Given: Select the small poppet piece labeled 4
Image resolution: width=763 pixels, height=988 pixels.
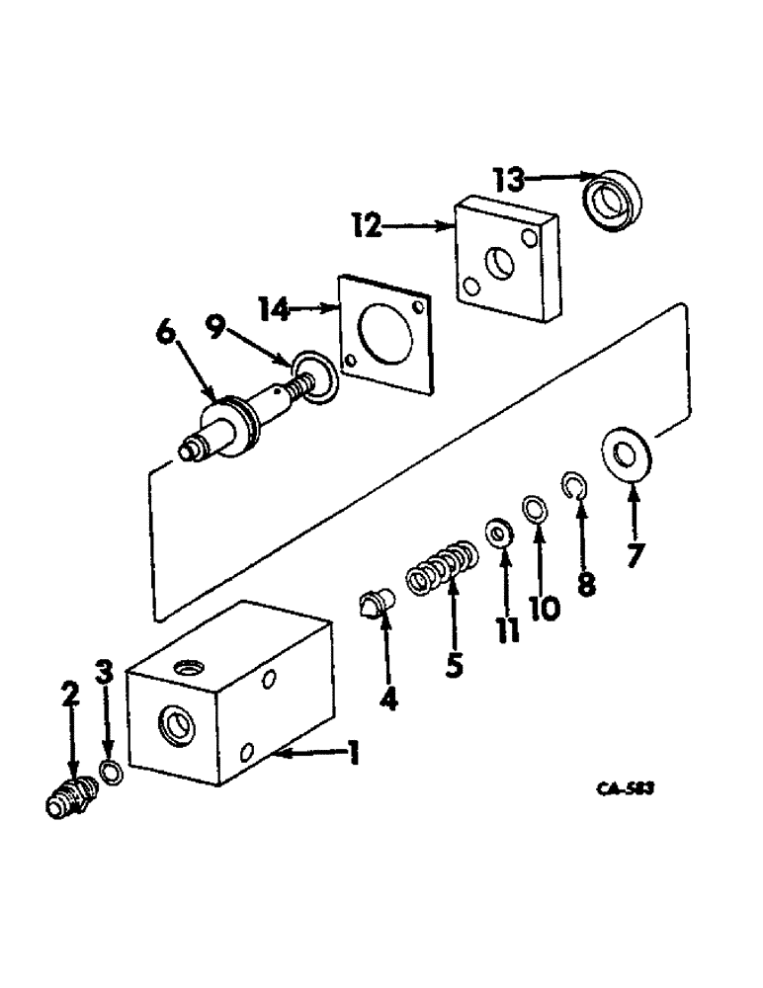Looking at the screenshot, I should (x=376, y=600).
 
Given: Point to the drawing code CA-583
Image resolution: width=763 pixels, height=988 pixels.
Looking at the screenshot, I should (x=627, y=789).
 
